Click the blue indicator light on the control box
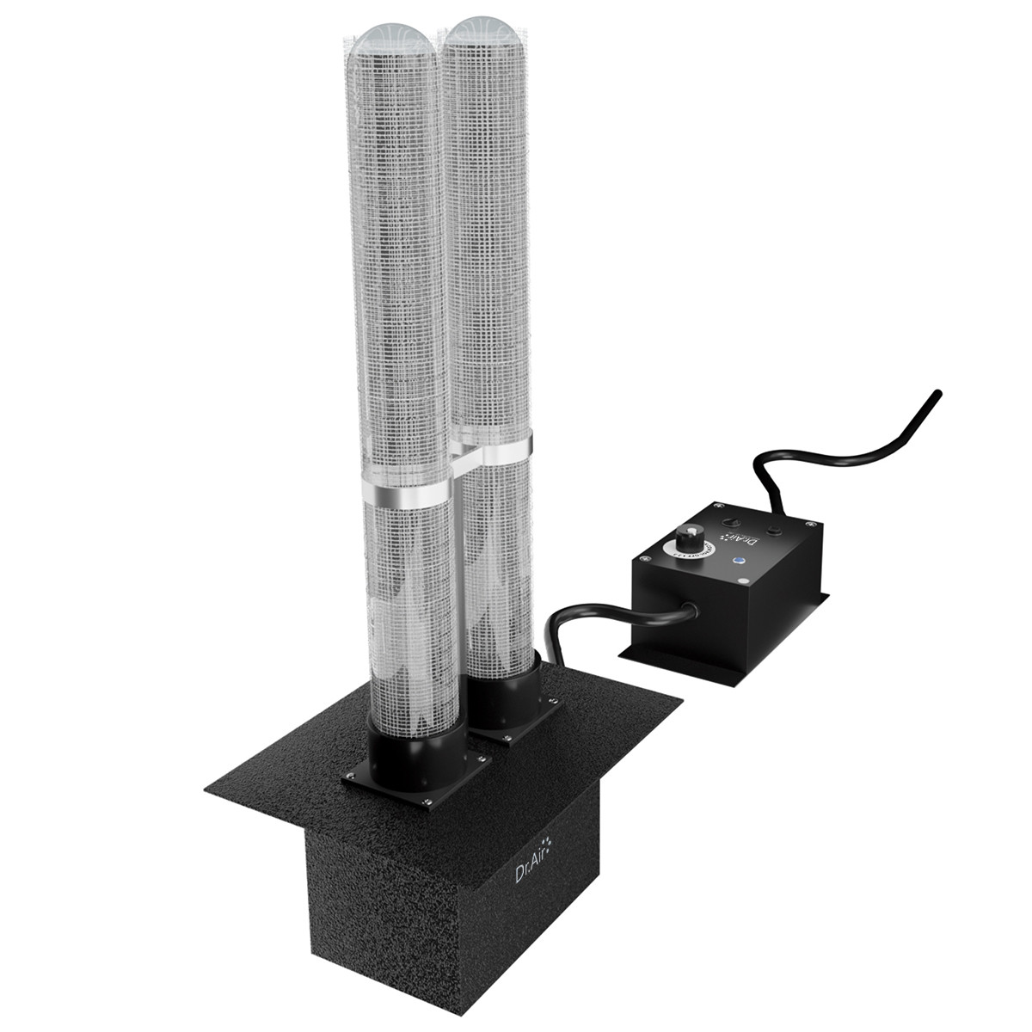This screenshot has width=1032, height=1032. [x=737, y=561]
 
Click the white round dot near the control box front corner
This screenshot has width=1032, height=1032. [x=745, y=582]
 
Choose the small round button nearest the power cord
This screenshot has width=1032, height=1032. [x=773, y=530]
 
